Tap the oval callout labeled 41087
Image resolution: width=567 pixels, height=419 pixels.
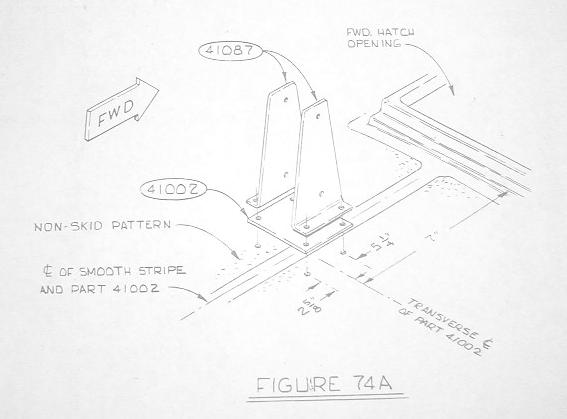[x=230, y=51]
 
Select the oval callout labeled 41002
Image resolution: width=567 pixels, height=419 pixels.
[x=173, y=189]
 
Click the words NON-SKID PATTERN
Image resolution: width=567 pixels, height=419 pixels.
[x=102, y=226]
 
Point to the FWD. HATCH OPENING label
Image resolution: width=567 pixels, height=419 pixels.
[x=380, y=38]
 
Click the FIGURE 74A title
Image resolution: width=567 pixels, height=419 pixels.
[x=324, y=384]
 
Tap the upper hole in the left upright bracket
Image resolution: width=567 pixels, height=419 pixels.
[x=286, y=99]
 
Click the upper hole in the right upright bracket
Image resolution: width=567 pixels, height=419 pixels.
[x=318, y=116]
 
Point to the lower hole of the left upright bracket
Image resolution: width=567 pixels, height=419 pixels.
[x=285, y=175]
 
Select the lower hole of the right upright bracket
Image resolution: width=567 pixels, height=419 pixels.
[x=321, y=194]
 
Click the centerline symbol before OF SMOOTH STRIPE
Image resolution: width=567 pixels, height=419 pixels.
[x=47, y=271]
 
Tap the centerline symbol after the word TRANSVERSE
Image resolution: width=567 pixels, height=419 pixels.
[x=485, y=344]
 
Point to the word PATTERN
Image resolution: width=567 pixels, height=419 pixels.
[x=141, y=225]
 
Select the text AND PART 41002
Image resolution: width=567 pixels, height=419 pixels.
[x=99, y=289]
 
